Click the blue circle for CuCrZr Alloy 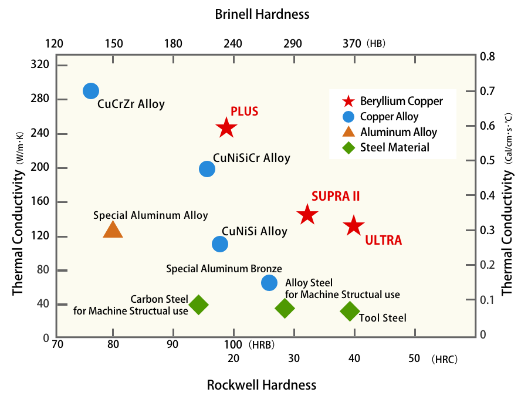90,91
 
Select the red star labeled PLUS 226,128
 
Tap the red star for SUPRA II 307,215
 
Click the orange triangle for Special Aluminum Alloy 113,229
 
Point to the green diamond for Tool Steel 350,311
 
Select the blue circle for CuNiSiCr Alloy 207,169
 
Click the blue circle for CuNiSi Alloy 220,244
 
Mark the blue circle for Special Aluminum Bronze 269,283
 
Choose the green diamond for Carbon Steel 198,305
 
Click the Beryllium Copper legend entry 393,101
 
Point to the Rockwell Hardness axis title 262,385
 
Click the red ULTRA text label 384,240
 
